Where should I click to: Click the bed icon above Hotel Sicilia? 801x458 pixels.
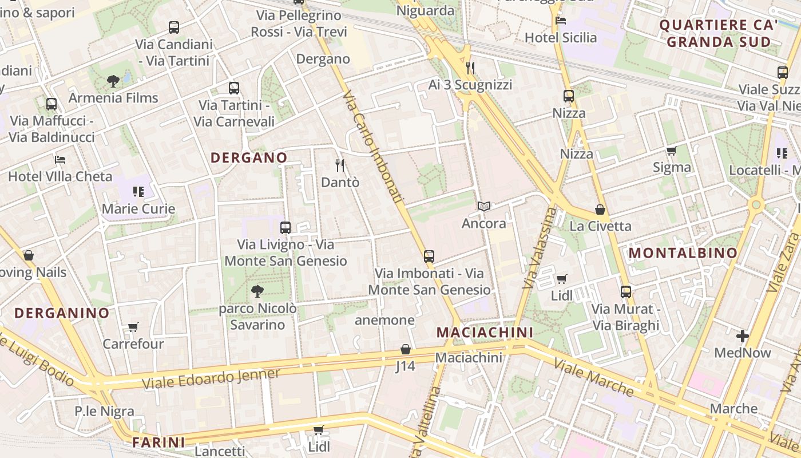coord(561,21)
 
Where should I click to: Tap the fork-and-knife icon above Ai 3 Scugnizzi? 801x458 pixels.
coord(470,68)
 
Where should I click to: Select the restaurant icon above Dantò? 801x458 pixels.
coord(340,165)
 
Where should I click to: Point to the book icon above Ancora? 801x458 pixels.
coord(484,206)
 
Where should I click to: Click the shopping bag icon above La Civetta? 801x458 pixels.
coord(600,210)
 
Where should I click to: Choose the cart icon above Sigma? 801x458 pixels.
coord(672,151)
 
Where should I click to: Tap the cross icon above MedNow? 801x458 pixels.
coord(743,336)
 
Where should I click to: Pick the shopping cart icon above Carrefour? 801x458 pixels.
coord(133,327)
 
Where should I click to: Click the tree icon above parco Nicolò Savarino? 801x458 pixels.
coord(257,291)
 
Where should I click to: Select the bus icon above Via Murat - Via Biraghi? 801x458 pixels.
coord(626,292)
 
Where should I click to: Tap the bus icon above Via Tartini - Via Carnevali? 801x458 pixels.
coord(233,88)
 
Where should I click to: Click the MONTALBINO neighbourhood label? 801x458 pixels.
coord(683,253)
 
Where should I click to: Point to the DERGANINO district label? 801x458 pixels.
coord(62,313)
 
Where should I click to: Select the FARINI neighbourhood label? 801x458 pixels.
coord(159,442)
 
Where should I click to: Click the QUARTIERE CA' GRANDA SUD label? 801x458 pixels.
coord(719,33)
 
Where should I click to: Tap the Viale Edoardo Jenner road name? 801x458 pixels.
coord(212,379)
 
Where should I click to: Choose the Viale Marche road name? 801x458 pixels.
coord(593,378)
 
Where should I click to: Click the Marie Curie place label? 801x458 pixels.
coord(138,208)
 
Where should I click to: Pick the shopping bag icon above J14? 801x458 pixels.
coord(406,349)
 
